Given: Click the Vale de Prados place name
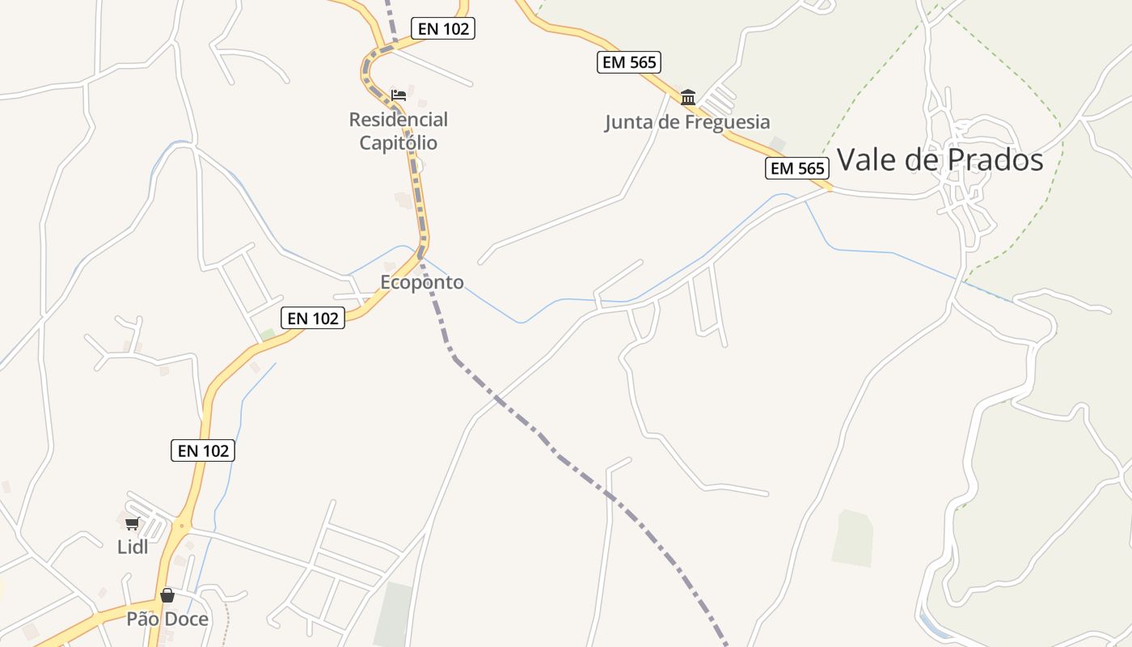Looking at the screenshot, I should pos(940,160).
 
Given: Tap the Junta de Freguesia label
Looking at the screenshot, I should pos(687,122).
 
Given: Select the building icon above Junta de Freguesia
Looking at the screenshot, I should pos(688,98).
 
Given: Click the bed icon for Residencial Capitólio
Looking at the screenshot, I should pos(398,95).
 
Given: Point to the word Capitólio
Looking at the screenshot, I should pos(398,143).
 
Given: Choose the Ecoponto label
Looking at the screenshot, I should pos(422,282).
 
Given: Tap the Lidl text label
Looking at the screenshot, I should pos(133,547).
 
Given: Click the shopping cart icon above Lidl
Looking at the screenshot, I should pos(133,523).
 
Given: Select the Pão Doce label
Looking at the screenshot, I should pos(167,619).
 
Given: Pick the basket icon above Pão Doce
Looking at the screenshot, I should pos(167,596).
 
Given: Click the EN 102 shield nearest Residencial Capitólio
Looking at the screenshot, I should pos(443,28).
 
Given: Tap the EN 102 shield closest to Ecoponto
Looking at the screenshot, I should pos(313,318).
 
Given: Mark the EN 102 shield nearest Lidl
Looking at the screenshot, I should pos(203,450).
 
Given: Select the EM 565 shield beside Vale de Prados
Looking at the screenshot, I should pos(797,168).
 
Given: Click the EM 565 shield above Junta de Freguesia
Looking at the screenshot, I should pos(629,61).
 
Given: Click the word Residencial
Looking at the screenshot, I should pos(398,120).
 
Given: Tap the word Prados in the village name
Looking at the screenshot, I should pos(994,160).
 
